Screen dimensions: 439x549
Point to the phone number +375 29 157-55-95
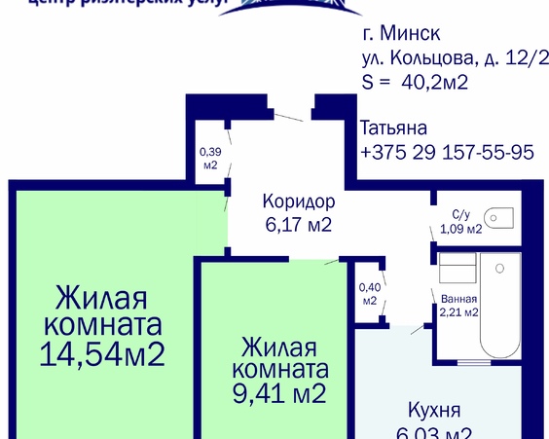[x=447, y=153]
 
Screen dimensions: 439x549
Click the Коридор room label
[x=299, y=202]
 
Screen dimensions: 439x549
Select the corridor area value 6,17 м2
[x=299, y=225]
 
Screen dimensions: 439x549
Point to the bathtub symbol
[x=504, y=311]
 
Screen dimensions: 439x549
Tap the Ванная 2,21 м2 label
[x=457, y=306]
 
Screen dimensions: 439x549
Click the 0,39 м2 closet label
[x=209, y=159]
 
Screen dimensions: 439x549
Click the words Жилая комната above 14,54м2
[x=107, y=310]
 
